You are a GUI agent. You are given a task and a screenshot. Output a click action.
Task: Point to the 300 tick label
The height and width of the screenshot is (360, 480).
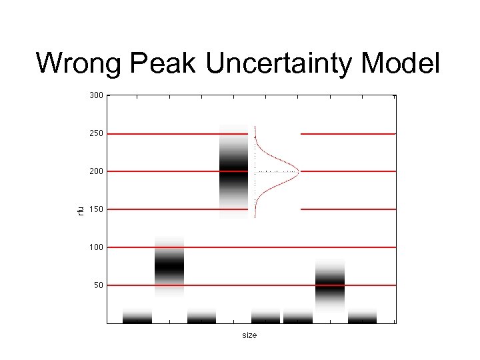click(96, 95)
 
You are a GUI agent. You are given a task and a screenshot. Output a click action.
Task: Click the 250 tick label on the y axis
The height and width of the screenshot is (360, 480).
click(96, 133)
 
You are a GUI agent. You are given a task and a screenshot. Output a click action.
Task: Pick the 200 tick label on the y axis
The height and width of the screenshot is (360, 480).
click(96, 171)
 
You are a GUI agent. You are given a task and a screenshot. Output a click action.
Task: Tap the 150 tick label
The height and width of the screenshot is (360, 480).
click(96, 209)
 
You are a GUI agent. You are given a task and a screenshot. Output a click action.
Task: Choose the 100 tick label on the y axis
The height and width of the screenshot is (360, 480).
click(96, 247)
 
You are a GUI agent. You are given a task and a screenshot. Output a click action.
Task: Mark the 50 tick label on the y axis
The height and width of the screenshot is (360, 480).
click(98, 285)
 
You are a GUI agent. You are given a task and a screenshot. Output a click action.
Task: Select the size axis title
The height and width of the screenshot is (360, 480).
click(249, 335)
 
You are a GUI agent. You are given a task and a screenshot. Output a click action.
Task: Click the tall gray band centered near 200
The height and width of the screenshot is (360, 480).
click(233, 171)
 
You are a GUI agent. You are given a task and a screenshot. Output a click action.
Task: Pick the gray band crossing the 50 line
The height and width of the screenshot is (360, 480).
click(330, 285)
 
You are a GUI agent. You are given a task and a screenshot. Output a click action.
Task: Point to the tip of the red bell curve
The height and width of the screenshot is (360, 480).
click(299, 171)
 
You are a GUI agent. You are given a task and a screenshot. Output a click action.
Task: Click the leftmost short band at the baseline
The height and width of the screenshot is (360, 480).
click(137, 316)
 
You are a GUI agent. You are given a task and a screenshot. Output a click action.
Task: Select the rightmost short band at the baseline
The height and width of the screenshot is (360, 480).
click(362, 316)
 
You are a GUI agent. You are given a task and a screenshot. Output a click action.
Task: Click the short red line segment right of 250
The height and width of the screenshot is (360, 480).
click(348, 134)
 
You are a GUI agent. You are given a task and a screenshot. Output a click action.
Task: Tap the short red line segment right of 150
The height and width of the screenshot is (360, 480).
click(348, 209)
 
